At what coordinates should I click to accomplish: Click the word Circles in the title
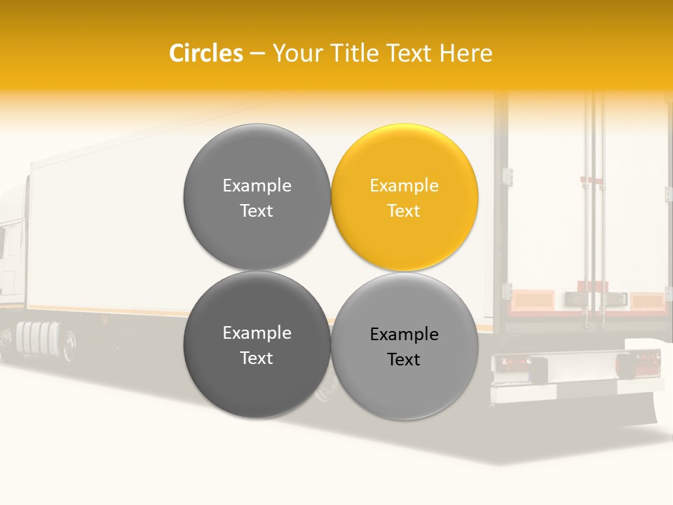(x=205, y=53)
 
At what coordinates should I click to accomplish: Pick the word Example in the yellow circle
(x=404, y=186)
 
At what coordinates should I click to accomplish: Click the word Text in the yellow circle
(x=404, y=211)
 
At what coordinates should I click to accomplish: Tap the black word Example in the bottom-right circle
(x=404, y=335)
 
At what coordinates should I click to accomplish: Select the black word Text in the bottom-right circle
(x=404, y=360)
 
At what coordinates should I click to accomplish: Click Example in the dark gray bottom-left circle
(x=257, y=333)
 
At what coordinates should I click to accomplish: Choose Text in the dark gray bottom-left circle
(x=257, y=358)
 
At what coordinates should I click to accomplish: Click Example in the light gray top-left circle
(x=257, y=186)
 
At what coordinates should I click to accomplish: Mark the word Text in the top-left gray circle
(x=257, y=211)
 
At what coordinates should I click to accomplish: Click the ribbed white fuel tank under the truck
(x=38, y=337)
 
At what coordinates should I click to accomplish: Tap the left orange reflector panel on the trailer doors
(x=531, y=302)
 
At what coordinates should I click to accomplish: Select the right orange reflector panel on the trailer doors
(x=646, y=302)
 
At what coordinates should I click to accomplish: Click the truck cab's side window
(x=3, y=243)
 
